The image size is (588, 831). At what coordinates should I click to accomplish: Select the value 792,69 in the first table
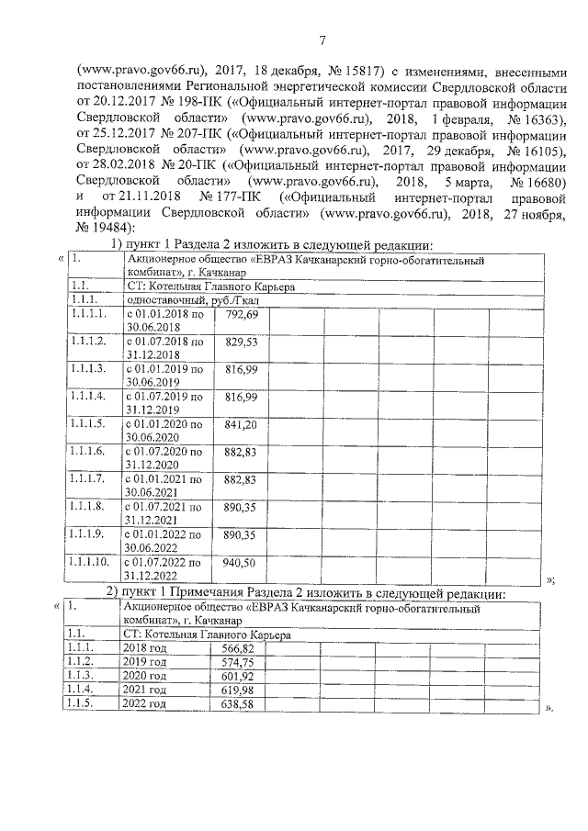pos(240,315)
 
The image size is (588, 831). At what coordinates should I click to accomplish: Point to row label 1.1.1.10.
pos(90,562)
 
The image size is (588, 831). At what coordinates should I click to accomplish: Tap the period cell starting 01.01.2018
pos(164,321)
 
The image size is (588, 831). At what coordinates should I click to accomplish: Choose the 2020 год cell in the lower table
pos(144,675)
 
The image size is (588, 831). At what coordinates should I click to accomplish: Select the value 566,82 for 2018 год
pos(233,648)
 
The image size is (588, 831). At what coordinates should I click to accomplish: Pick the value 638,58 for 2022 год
pos(233,703)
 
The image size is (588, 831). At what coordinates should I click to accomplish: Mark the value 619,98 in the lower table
pos(233,690)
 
